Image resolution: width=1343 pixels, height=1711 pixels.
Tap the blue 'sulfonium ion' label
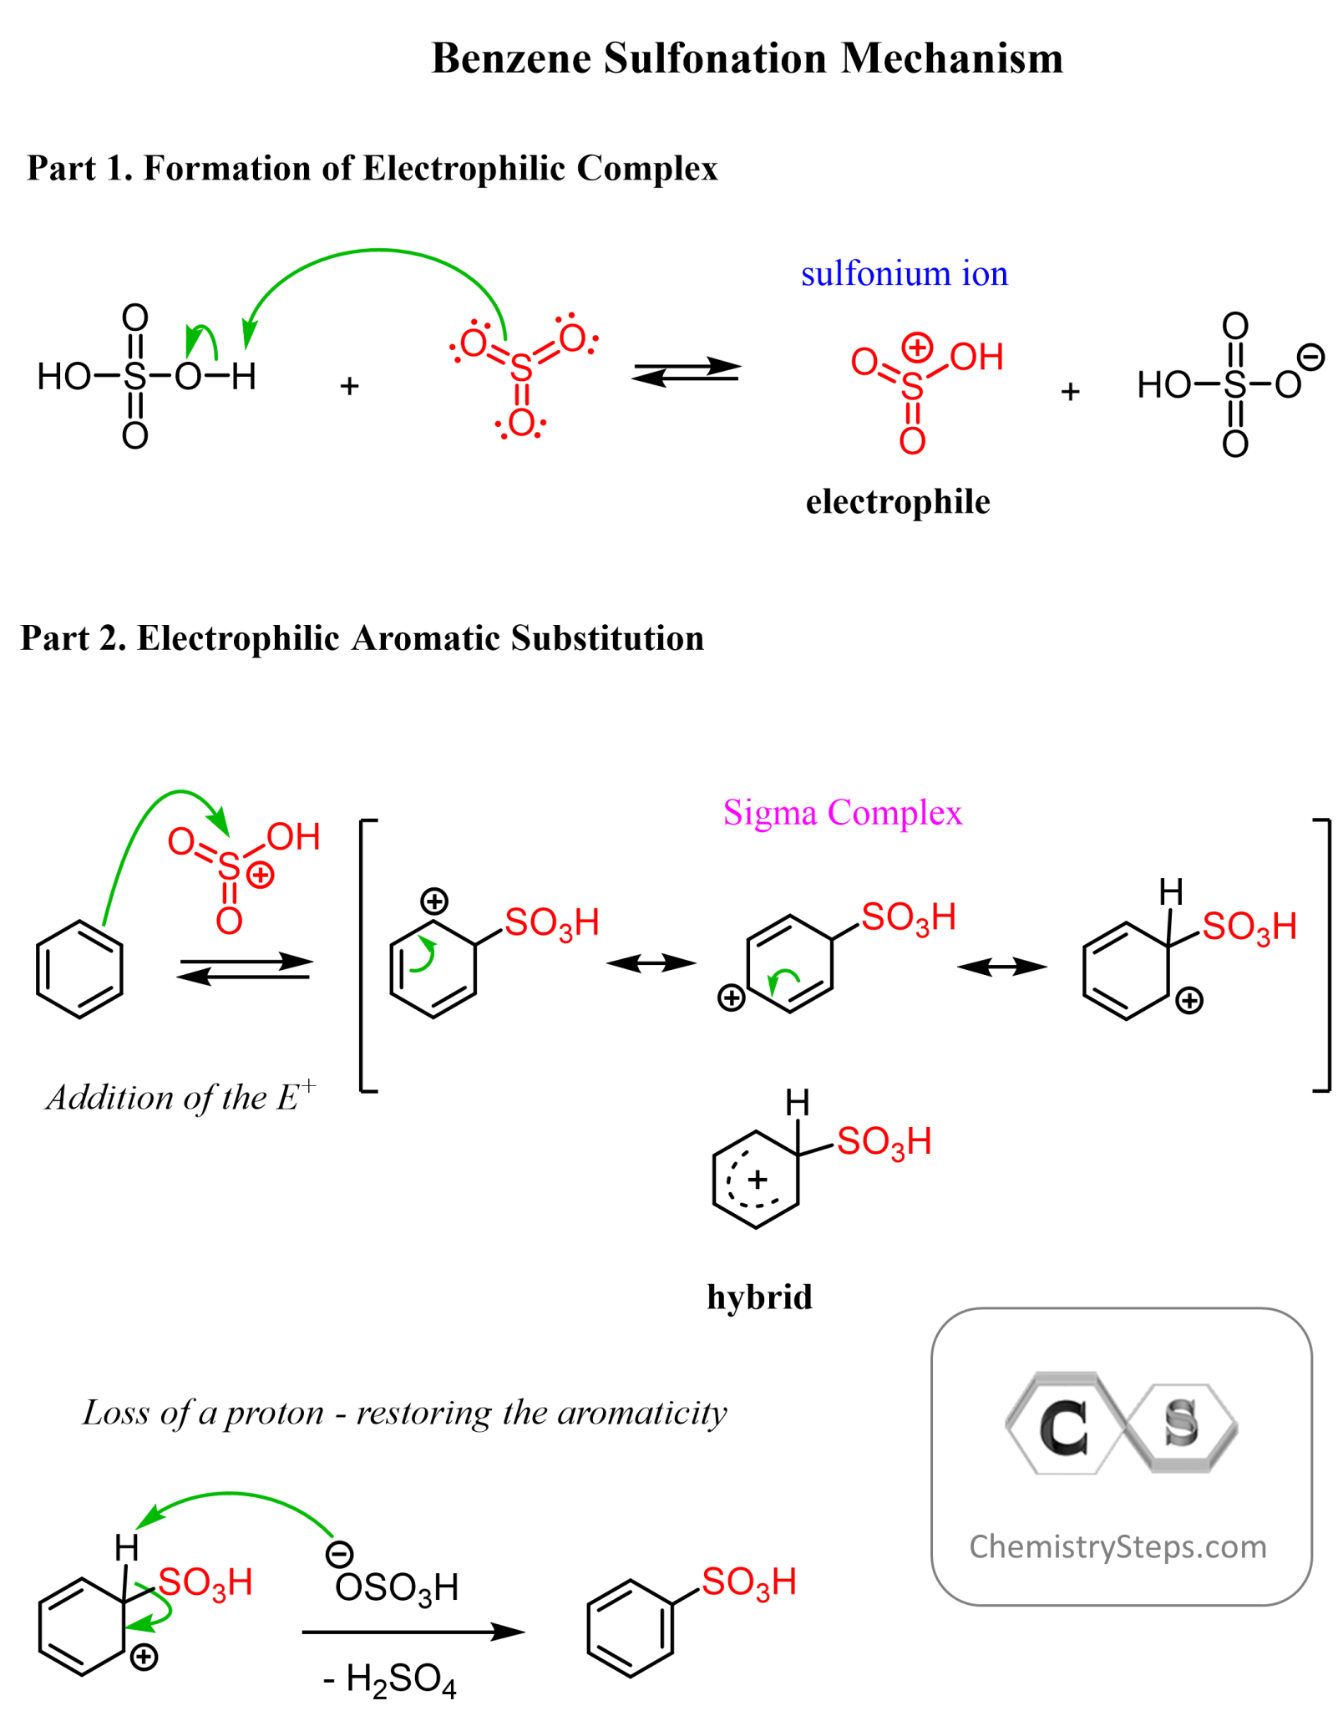click(904, 274)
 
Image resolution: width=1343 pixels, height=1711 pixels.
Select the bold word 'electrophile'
click(897, 501)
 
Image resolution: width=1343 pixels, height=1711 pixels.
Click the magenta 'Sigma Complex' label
click(842, 812)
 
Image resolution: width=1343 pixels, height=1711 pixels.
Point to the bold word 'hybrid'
click(758, 1297)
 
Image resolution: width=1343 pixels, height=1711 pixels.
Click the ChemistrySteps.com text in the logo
click(1117, 1546)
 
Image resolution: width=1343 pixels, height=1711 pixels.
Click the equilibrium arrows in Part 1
click(686, 371)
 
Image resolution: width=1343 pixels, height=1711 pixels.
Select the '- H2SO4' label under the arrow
click(389, 1679)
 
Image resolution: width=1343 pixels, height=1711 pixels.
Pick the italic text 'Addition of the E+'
click(180, 1096)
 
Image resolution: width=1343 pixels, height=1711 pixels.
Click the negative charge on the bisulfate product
click(1310, 357)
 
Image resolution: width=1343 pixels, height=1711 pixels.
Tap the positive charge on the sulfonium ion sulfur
click(916, 347)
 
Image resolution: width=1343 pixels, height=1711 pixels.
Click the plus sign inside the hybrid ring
click(757, 1180)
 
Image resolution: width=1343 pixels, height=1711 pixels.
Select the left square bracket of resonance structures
click(366, 956)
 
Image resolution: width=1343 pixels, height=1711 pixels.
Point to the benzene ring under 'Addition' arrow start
click(80, 969)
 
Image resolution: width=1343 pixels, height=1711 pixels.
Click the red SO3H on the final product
click(748, 1582)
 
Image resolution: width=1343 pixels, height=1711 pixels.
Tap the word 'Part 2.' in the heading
click(73, 638)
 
